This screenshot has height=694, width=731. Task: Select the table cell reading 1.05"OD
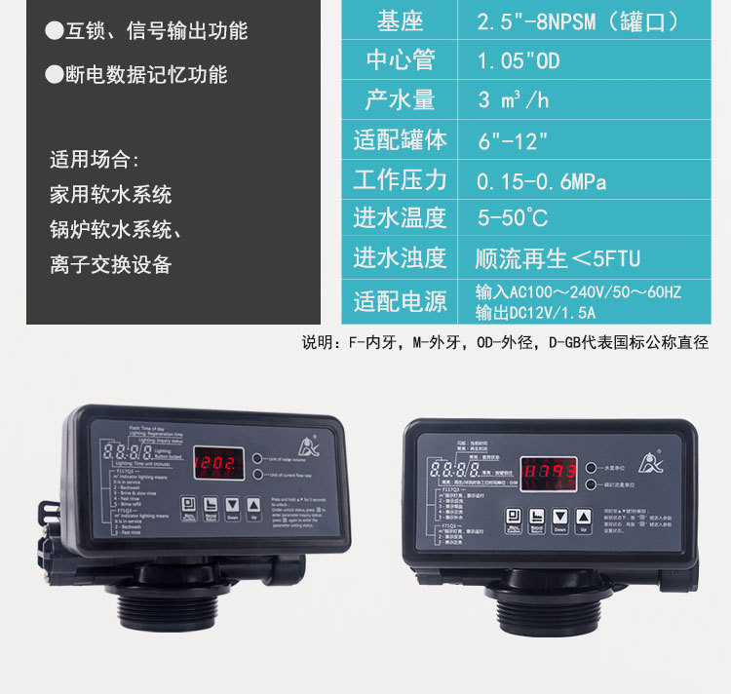click(x=518, y=60)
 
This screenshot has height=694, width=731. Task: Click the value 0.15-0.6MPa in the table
click(x=541, y=181)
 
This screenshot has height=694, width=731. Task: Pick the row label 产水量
click(x=400, y=100)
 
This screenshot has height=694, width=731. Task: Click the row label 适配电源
click(x=400, y=301)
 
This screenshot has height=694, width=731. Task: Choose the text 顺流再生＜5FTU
click(x=558, y=259)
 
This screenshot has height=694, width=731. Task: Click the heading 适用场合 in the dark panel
click(x=95, y=160)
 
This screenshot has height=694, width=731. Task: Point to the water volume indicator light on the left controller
click(x=257, y=457)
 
